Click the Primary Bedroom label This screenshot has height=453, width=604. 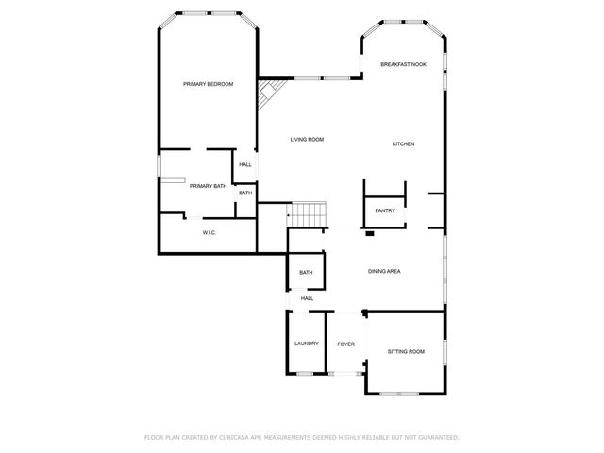click(x=208, y=84)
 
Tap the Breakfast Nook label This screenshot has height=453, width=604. click(x=403, y=64)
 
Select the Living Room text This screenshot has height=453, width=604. click(x=307, y=139)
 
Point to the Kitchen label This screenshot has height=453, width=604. click(x=403, y=143)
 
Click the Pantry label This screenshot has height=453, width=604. click(x=384, y=210)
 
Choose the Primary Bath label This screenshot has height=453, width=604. click(x=208, y=186)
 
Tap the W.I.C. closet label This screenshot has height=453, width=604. click(x=210, y=232)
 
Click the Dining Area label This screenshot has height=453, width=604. click(x=384, y=271)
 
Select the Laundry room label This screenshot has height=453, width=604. click(x=306, y=344)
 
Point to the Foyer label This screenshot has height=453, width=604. click(x=345, y=344)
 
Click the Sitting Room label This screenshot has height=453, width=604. click(x=406, y=351)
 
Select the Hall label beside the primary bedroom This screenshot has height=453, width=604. click(x=244, y=164)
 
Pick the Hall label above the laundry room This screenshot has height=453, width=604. click(x=307, y=298)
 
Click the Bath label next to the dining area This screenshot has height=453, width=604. click(x=306, y=273)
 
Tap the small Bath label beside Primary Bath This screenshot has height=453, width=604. click(x=244, y=193)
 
